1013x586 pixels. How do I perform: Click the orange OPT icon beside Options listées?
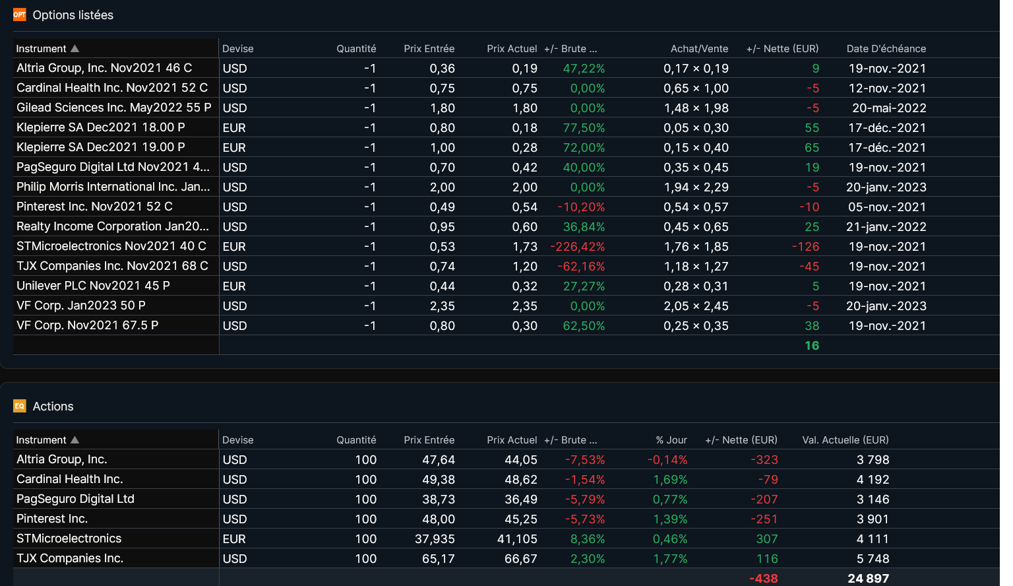click(x=19, y=15)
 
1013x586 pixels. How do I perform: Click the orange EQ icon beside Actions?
click(x=19, y=406)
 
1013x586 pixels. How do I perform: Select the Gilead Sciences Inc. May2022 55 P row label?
click(x=113, y=108)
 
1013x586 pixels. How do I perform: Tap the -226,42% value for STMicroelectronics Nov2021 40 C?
click(x=577, y=247)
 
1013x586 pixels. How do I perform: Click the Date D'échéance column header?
click(x=886, y=49)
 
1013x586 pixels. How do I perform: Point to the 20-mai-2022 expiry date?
click(x=888, y=108)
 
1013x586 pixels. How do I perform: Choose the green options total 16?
click(x=811, y=346)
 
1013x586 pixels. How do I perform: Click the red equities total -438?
click(x=763, y=579)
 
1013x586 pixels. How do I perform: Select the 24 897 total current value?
click(x=868, y=579)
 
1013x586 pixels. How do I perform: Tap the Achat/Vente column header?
click(x=699, y=49)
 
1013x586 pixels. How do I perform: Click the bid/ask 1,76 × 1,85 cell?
click(x=696, y=247)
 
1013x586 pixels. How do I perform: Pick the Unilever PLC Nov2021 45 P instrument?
click(x=93, y=286)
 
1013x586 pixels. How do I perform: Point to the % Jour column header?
click(x=671, y=440)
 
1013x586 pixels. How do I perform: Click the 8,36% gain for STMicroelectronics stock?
click(x=587, y=539)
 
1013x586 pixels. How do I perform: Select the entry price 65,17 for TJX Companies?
click(x=438, y=559)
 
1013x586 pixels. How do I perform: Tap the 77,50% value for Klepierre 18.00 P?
click(x=584, y=128)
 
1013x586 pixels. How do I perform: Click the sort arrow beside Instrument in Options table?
click(x=75, y=49)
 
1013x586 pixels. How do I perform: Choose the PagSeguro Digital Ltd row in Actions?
click(x=75, y=499)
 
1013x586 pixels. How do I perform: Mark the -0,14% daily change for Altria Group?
click(x=667, y=460)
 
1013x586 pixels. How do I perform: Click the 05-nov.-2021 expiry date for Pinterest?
click(x=886, y=207)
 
